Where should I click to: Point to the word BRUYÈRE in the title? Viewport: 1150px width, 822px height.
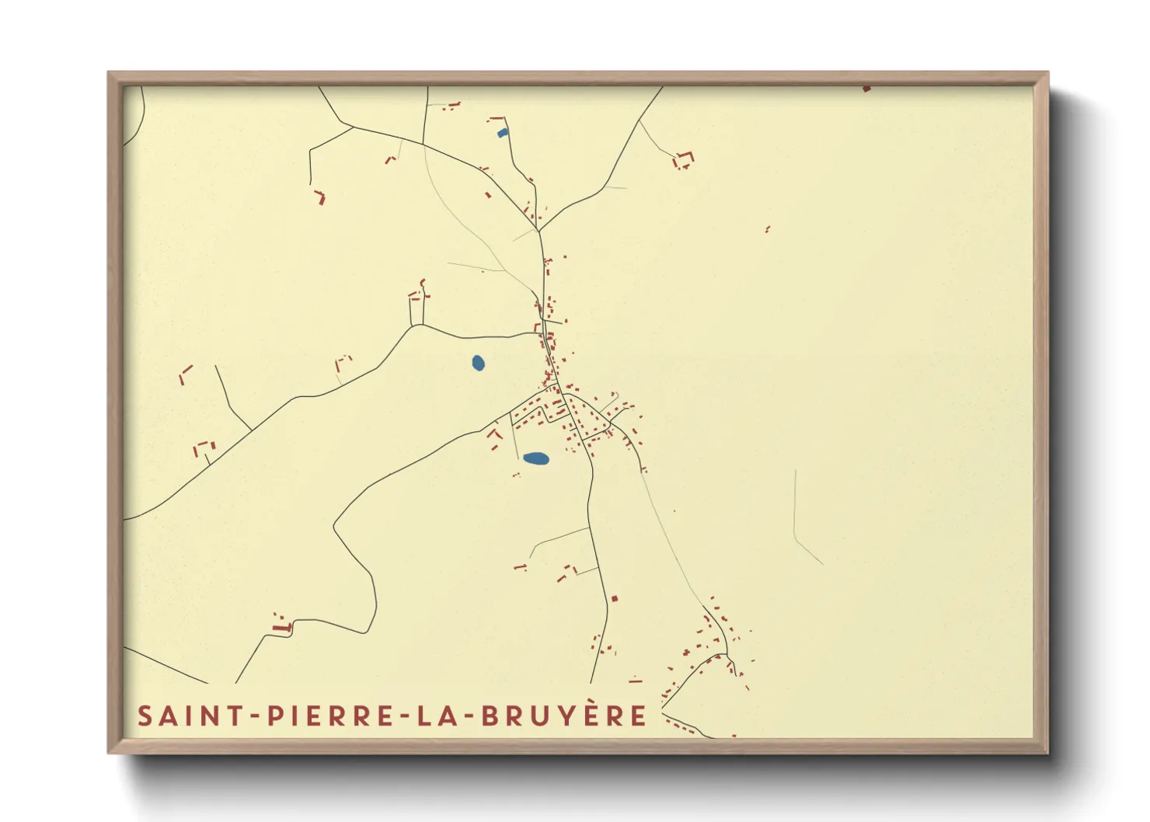(x=563, y=716)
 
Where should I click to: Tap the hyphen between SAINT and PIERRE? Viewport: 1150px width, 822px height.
(x=255, y=716)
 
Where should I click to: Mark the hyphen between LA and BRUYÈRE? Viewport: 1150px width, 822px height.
(x=468, y=716)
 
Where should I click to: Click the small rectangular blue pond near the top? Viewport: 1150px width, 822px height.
(x=502, y=133)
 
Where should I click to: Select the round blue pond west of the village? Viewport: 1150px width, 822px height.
(x=478, y=362)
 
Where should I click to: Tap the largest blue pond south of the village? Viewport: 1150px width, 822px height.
(x=536, y=458)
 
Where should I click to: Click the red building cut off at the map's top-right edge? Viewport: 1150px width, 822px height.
(x=866, y=89)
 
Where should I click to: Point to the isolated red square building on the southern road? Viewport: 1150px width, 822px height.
(x=615, y=598)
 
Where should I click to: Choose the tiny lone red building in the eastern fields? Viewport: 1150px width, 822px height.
(x=767, y=229)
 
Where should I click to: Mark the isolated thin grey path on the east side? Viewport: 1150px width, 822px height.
(x=797, y=521)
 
